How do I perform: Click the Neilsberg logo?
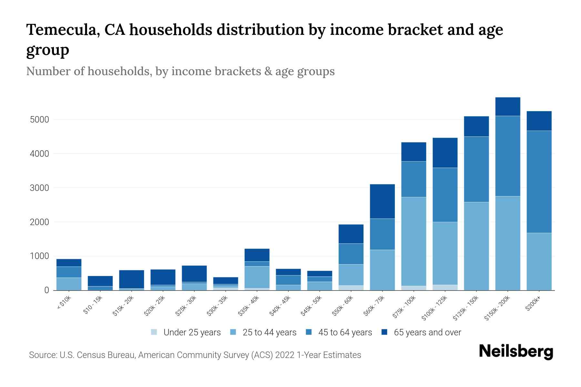click(x=516, y=351)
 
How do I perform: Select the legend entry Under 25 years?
click(x=192, y=332)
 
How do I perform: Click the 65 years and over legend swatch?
click(x=384, y=332)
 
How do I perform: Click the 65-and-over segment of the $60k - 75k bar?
click(x=382, y=201)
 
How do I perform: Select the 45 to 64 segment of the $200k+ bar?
click(x=539, y=182)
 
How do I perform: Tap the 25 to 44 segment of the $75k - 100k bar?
click(x=413, y=241)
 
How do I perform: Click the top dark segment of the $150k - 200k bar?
click(x=508, y=106)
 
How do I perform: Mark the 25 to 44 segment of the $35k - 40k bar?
click(x=257, y=277)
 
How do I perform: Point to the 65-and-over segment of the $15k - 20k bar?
click(x=131, y=279)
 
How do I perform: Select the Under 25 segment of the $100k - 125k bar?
click(x=445, y=287)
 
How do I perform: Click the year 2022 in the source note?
click(x=285, y=355)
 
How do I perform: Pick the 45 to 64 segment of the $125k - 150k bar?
click(x=476, y=169)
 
